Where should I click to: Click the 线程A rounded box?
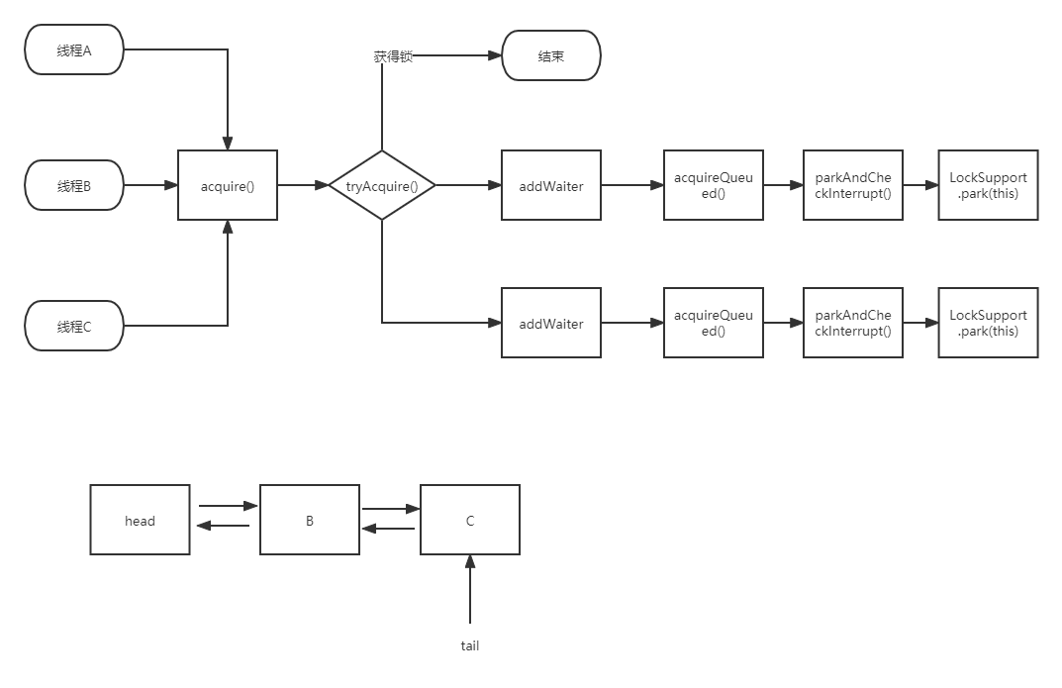(x=74, y=50)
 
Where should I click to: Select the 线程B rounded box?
(x=74, y=186)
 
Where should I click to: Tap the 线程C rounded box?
(x=74, y=326)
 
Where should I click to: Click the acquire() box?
(x=228, y=185)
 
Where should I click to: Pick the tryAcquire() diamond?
(x=382, y=185)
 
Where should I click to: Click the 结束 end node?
(x=551, y=56)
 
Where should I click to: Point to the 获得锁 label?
(x=393, y=56)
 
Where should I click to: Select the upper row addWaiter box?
(x=551, y=185)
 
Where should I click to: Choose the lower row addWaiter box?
(x=551, y=324)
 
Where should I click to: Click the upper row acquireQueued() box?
(x=714, y=185)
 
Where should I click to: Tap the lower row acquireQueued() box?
(x=714, y=323)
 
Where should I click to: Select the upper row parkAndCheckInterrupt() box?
(x=853, y=185)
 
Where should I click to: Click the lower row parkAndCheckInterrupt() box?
(x=853, y=323)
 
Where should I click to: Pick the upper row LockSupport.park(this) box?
(x=989, y=185)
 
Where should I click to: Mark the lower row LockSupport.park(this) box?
(x=989, y=323)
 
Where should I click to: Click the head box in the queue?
(x=140, y=520)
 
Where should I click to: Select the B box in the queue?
(x=310, y=520)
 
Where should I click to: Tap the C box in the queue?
(x=470, y=520)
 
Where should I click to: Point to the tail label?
(x=470, y=645)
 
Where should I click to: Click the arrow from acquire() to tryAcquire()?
(x=304, y=185)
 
